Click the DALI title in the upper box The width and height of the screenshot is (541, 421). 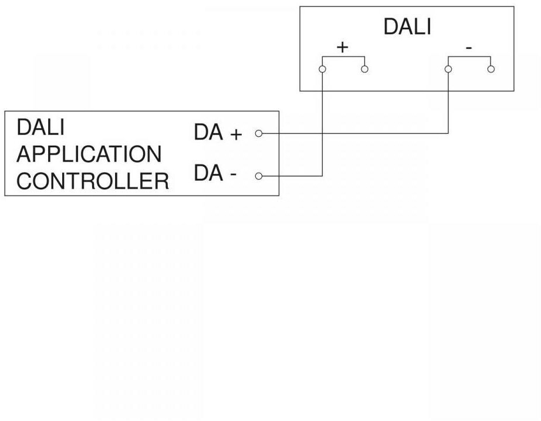pyautogui.click(x=407, y=27)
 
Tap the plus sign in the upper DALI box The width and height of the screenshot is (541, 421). pyautogui.click(x=342, y=48)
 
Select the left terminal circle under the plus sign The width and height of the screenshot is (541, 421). pyautogui.click(x=322, y=69)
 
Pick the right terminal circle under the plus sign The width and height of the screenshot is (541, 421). pyautogui.click(x=364, y=69)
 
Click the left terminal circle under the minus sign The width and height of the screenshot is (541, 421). pyautogui.click(x=448, y=69)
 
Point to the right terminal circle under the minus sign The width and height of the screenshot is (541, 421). pyautogui.click(x=491, y=69)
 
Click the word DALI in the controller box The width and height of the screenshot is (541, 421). pyautogui.click(x=40, y=127)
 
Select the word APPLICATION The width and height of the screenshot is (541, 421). pyautogui.click(x=89, y=154)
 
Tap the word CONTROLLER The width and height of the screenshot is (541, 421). pyautogui.click(x=93, y=181)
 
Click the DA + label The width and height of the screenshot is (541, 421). pyautogui.click(x=218, y=134)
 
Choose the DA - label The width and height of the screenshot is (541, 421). pyautogui.click(x=215, y=175)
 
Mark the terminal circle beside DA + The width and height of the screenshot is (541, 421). pyautogui.click(x=258, y=134)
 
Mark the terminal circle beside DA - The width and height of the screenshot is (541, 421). pyautogui.click(x=258, y=176)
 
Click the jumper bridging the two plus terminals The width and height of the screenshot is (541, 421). pyautogui.click(x=343, y=57)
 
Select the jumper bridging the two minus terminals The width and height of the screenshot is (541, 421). pyautogui.click(x=469, y=57)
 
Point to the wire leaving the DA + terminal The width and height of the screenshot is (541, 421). pyautogui.click(x=352, y=133)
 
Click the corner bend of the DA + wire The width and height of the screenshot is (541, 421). pyautogui.click(x=448, y=133)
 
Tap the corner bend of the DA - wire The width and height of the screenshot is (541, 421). pyautogui.click(x=322, y=176)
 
